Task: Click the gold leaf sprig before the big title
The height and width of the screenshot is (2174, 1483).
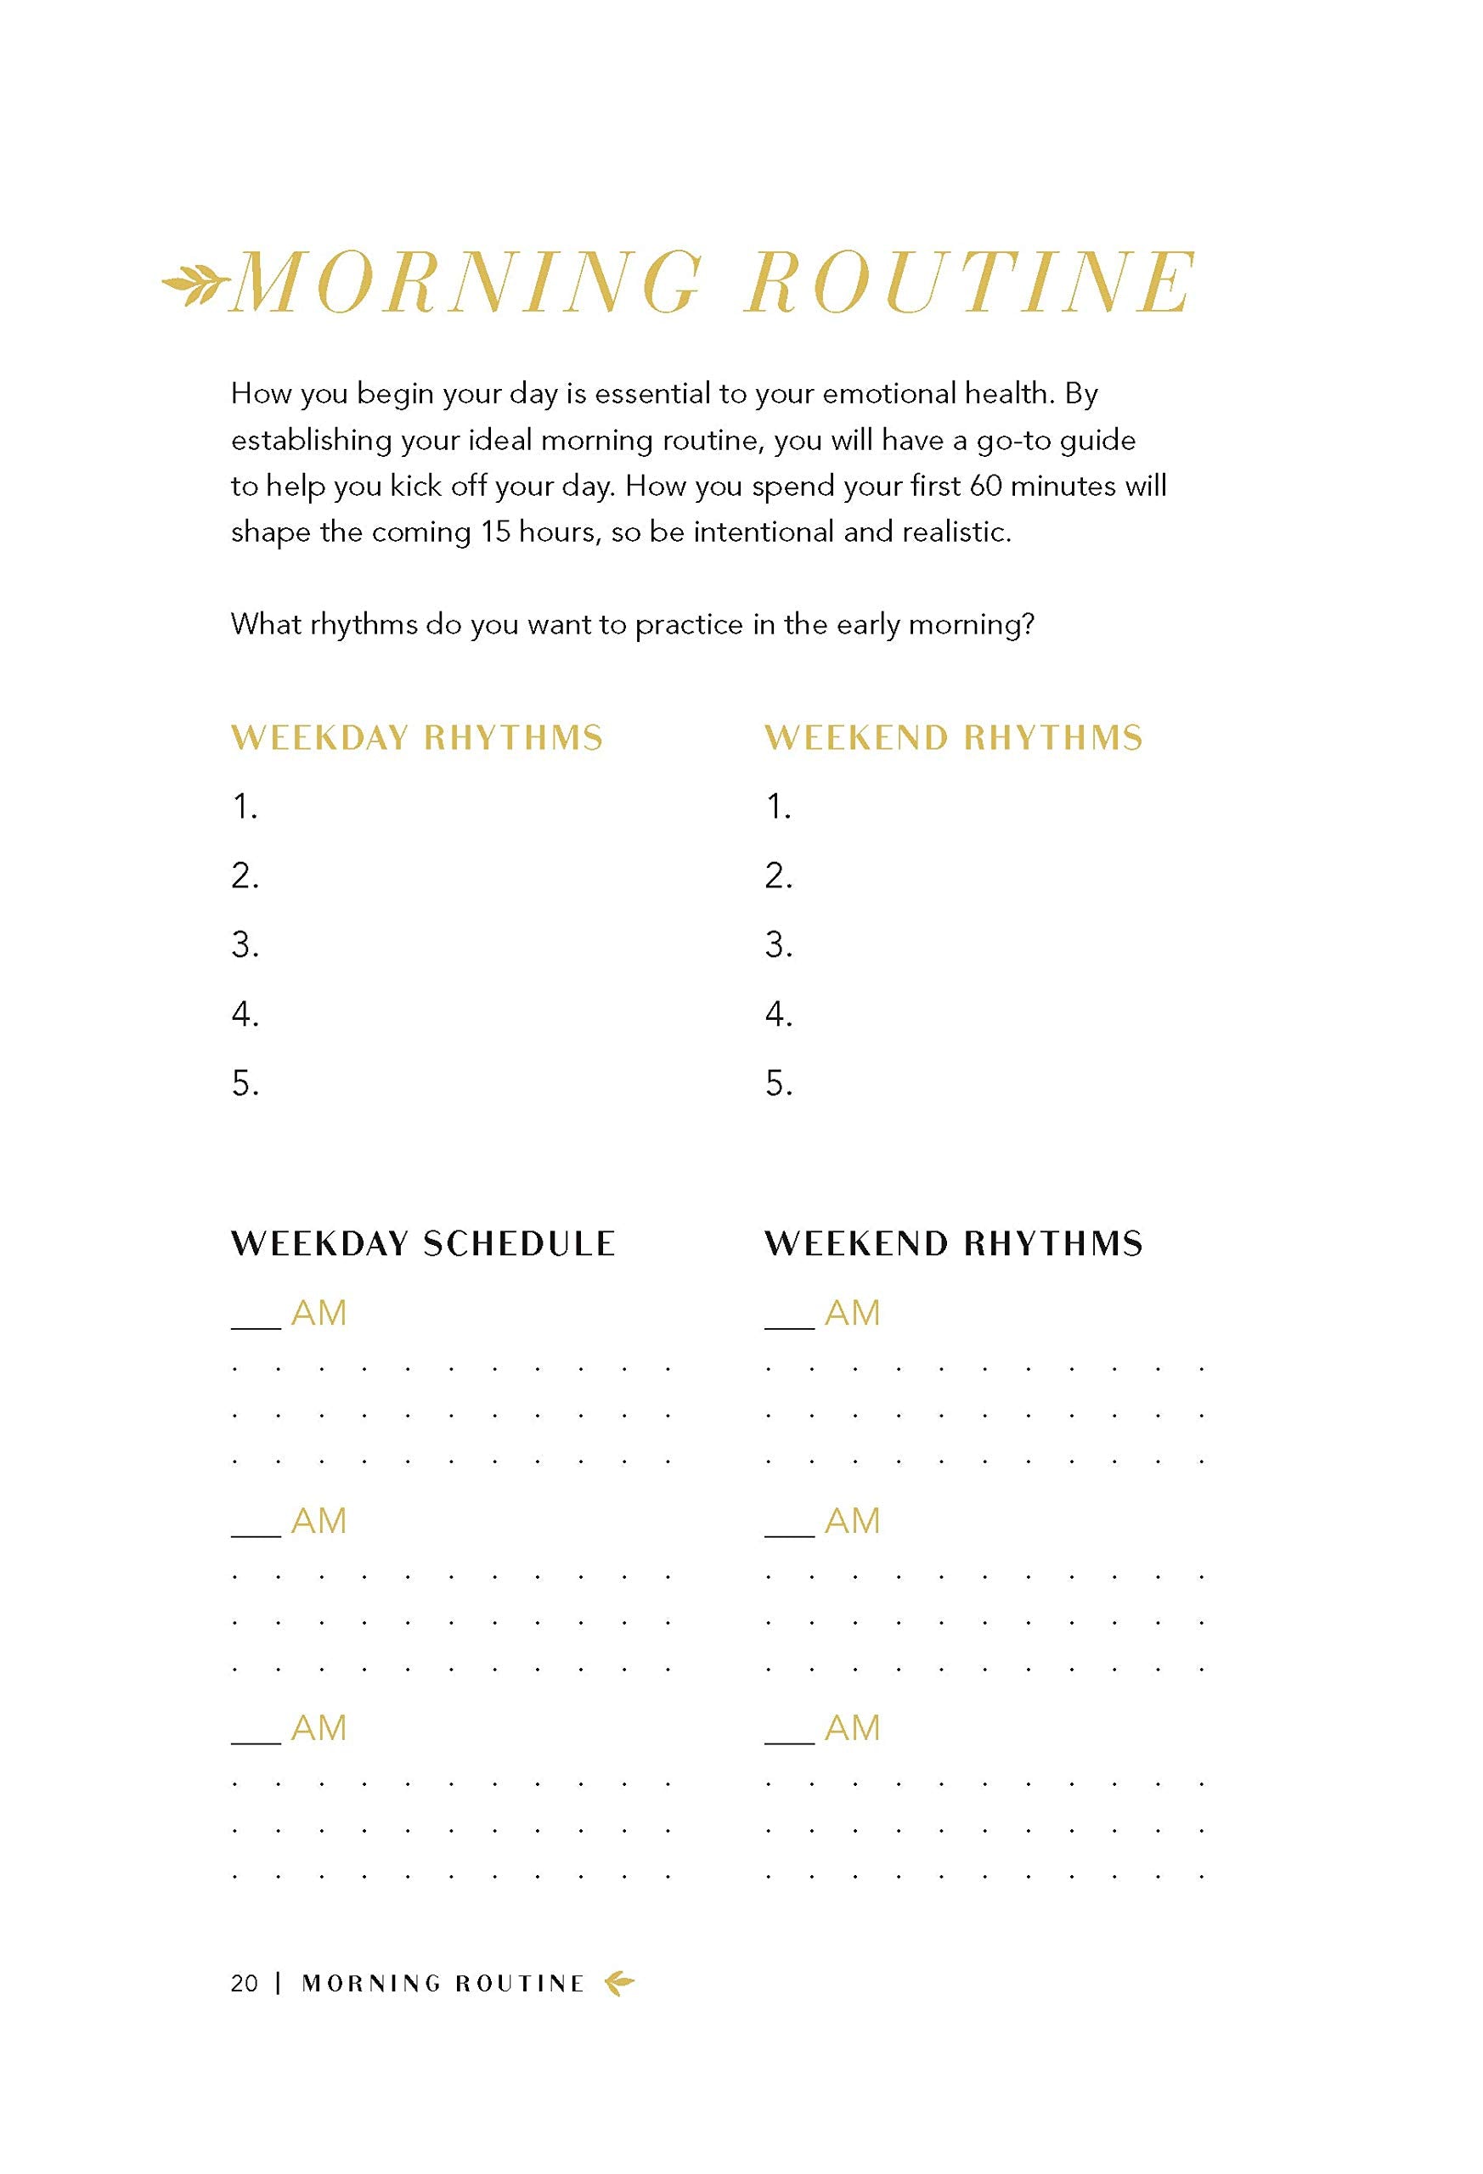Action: [195, 284]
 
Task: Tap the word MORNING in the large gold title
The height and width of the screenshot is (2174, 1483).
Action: [466, 283]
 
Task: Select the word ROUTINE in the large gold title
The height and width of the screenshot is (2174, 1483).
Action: [970, 283]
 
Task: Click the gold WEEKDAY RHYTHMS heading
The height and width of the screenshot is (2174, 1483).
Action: [416, 738]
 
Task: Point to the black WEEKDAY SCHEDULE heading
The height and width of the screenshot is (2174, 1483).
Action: [423, 1244]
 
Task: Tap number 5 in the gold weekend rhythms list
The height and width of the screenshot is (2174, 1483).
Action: [777, 1084]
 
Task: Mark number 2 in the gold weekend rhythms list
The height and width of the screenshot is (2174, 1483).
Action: [777, 876]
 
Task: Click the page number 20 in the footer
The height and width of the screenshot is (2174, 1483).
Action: [245, 1983]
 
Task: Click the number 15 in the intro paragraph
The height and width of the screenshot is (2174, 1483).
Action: [495, 532]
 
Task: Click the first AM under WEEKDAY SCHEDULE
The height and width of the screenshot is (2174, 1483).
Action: [319, 1314]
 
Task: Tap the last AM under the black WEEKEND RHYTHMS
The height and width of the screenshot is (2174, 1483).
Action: [851, 1728]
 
